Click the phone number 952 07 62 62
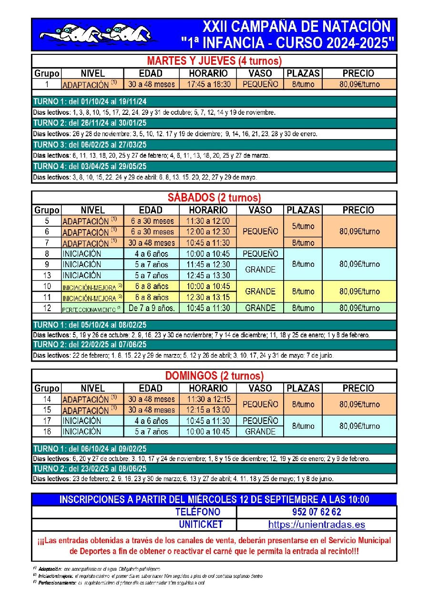point(316,512)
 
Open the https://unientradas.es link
point(316,525)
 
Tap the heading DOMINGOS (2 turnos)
point(214,376)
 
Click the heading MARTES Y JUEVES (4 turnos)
point(214,61)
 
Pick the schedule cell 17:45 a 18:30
point(208,84)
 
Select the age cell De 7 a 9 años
point(152,308)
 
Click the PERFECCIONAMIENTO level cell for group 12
point(92,309)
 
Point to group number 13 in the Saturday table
point(47,275)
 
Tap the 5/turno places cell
point(303,226)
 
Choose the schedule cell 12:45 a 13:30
point(208,275)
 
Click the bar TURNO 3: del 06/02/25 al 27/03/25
point(214,145)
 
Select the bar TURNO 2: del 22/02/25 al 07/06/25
point(214,344)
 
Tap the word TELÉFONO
point(198,512)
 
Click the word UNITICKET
point(201,525)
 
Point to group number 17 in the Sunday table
point(47,421)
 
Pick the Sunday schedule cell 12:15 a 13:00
point(208,410)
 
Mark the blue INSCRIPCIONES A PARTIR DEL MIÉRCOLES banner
point(214,499)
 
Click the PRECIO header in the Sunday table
point(358,388)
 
